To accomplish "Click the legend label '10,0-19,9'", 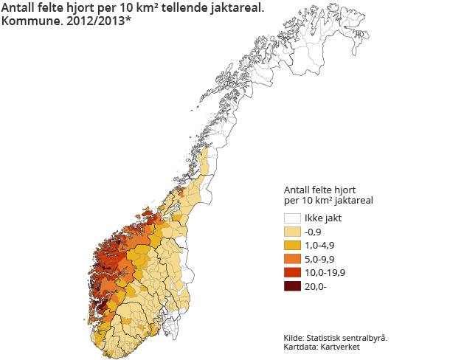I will pos(325,273).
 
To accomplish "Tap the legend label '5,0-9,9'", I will pos(322,259).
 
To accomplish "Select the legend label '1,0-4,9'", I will pos(322,246).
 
